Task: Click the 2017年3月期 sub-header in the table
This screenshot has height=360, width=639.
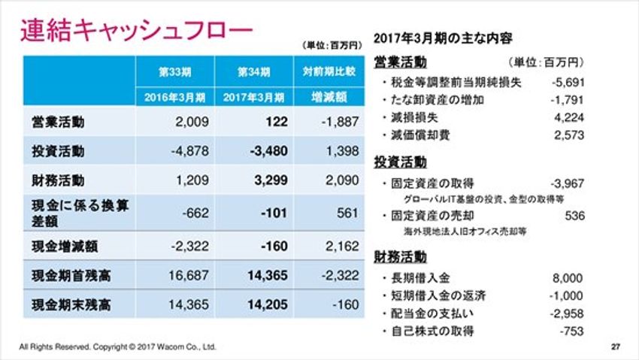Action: (253, 97)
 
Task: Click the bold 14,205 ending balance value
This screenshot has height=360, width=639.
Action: (267, 306)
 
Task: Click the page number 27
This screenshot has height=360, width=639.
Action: (615, 346)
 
